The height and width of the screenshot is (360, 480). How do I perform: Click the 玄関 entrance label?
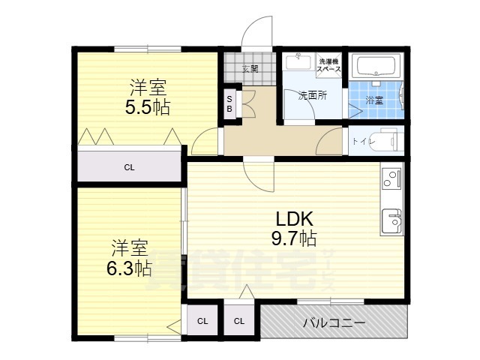pyautogui.click(x=250, y=69)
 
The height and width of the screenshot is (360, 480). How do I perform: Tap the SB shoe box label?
pyautogui.click(x=230, y=103)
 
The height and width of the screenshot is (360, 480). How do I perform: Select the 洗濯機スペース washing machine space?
pyautogui.click(x=329, y=65)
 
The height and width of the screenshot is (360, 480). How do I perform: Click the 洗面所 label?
pyautogui.click(x=313, y=95)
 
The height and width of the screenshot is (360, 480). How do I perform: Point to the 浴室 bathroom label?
pyautogui.click(x=373, y=99)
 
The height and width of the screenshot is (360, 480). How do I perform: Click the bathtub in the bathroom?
pyautogui.click(x=377, y=67)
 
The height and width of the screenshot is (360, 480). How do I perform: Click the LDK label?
pyautogui.click(x=294, y=220)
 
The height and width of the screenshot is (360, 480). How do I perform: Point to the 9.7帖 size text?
pyautogui.click(x=294, y=239)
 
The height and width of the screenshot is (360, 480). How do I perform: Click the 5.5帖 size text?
pyautogui.click(x=147, y=106)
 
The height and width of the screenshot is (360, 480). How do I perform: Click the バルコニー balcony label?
pyautogui.click(x=334, y=323)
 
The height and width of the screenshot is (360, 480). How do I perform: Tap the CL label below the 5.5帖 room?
pyautogui.click(x=130, y=167)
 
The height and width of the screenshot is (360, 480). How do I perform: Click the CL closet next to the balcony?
pyautogui.click(x=239, y=322)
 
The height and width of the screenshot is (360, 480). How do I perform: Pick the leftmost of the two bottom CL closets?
pyautogui.click(x=202, y=322)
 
